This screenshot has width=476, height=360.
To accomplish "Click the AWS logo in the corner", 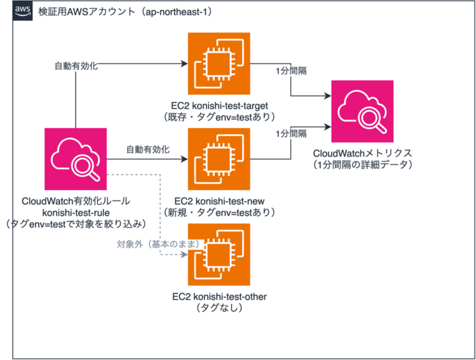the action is click(22, 11).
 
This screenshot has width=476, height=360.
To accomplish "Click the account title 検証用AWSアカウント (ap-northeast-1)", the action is click(126, 12).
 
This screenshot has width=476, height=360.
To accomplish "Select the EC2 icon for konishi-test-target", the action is click(219, 63).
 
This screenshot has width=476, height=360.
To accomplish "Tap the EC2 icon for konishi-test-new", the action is click(219, 159).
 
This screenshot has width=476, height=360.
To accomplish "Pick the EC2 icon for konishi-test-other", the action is click(219, 254).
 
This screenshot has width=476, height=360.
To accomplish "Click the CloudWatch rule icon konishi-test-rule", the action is click(75, 159).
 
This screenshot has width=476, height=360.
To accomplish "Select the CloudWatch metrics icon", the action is click(362, 112).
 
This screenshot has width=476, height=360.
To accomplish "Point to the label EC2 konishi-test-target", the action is click(219, 106).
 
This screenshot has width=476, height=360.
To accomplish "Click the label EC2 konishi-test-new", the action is click(219, 201).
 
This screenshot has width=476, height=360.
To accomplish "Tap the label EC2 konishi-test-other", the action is click(219, 297).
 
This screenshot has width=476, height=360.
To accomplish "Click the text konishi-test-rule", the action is click(76, 213).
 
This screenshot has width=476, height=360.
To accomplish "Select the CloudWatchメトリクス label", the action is click(362, 153).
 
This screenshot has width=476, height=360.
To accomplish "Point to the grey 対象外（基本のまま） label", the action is click(159, 244).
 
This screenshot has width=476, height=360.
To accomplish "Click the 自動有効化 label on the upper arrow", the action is click(76, 66).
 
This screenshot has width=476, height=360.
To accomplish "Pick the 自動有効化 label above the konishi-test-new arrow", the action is click(148, 149).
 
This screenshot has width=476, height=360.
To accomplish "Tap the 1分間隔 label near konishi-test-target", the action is click(291, 71).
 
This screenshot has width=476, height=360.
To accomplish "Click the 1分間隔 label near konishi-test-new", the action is click(291, 133).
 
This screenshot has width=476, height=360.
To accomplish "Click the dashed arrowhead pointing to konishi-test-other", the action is click(184, 254).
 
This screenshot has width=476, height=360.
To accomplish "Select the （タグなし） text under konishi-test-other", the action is click(219, 308).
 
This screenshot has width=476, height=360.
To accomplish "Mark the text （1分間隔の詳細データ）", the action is click(362, 164).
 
